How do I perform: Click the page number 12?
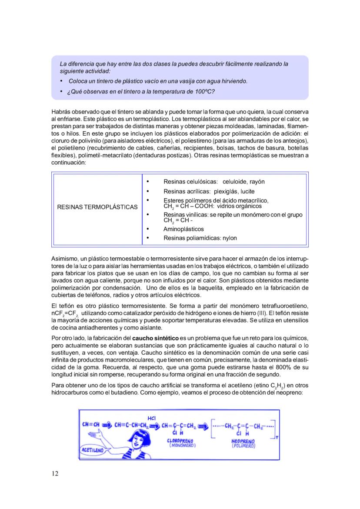(55, 473)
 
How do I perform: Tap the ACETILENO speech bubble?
(93, 450)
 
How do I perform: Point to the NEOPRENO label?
(243, 441)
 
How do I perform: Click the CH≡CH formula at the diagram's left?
(91, 425)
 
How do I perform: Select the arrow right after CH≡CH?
(107, 425)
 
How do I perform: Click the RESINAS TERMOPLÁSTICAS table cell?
(97, 207)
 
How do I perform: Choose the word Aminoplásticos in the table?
(183, 229)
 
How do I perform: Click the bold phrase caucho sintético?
(155, 338)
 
